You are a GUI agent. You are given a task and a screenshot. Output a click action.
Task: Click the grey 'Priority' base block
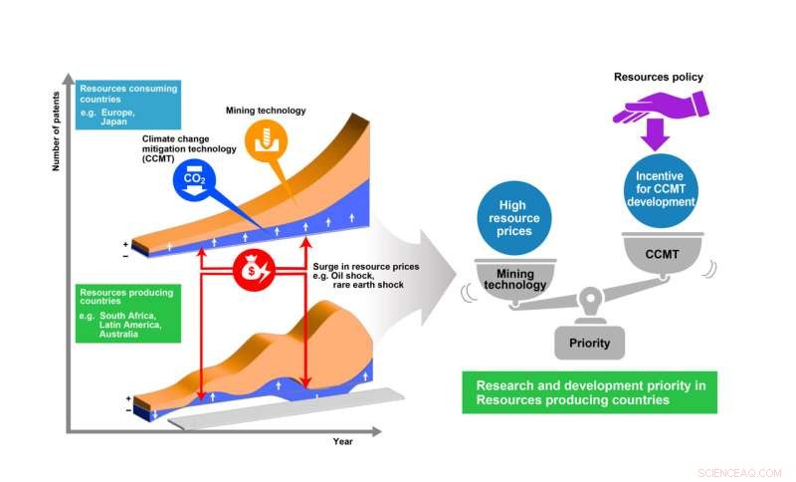tap(590, 345)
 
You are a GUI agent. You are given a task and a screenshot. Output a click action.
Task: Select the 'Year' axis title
tap(343, 439)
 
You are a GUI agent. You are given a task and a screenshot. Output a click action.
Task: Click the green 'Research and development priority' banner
tap(589, 391)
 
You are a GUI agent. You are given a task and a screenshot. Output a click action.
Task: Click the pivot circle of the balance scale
tap(590, 298)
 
